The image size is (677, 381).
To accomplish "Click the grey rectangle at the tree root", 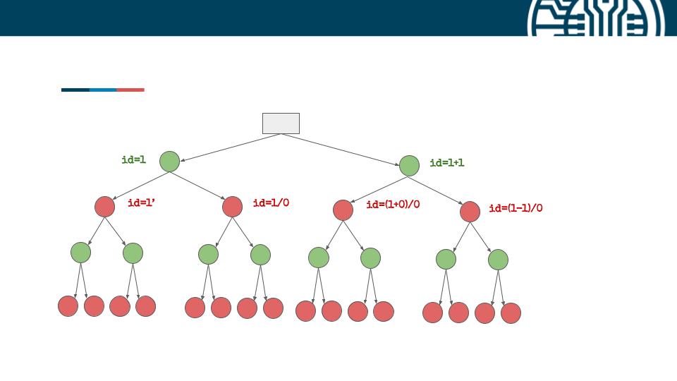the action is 281,123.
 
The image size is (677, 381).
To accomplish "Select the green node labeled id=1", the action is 170,162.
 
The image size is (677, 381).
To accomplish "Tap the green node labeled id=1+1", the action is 409,165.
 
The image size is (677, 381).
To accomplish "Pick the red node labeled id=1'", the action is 104,207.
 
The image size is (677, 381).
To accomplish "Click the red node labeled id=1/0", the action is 232,207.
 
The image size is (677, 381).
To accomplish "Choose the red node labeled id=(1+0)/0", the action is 343,210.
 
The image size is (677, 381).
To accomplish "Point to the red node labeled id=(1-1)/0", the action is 470,212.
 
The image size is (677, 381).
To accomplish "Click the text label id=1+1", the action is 447,163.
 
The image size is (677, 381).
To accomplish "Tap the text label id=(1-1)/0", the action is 516,208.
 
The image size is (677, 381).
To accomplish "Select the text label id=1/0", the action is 271,202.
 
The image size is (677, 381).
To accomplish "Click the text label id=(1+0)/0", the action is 393,205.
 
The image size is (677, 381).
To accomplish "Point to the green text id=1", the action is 134,160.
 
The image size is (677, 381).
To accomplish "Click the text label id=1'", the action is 142,202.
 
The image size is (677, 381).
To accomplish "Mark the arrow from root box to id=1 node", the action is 231,147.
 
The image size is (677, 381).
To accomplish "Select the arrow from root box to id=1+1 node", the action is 340,150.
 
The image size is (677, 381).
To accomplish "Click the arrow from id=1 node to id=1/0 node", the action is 197,186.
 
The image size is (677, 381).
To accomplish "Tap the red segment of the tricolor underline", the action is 130,90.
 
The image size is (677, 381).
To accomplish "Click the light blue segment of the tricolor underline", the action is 103,90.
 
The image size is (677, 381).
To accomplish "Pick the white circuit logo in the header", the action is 596,18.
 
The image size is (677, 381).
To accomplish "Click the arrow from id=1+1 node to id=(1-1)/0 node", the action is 436,190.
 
